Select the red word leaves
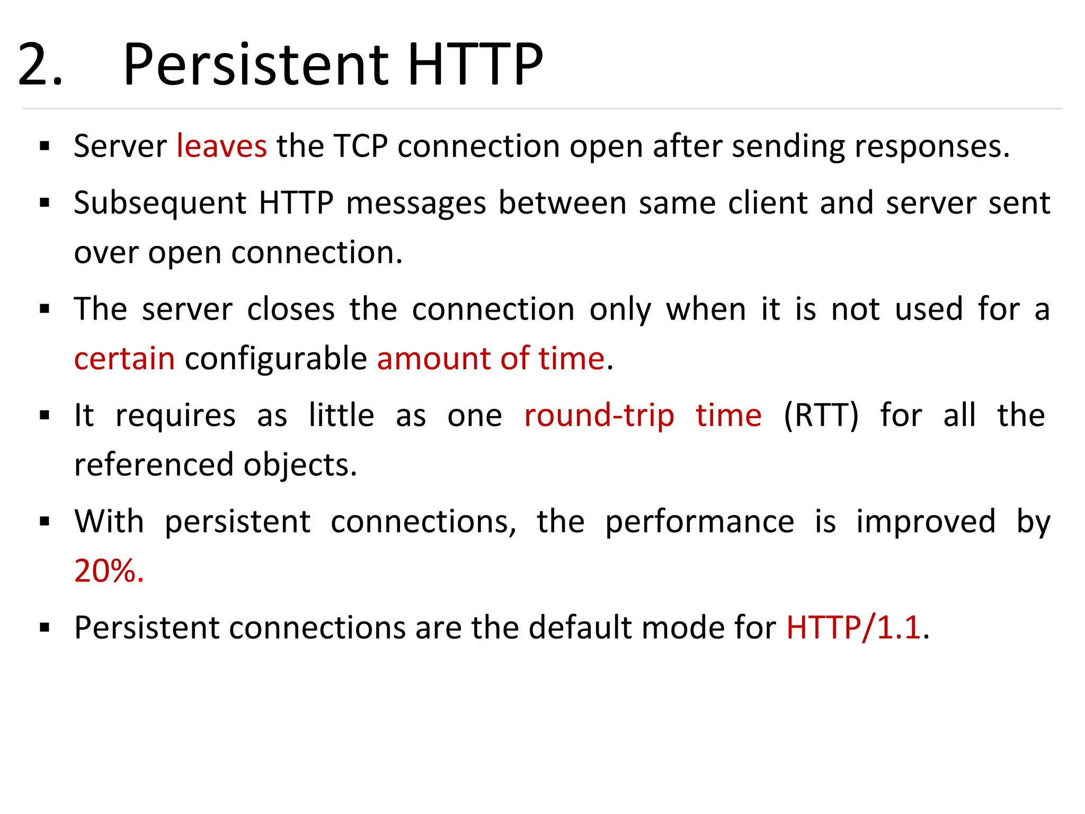click(221, 146)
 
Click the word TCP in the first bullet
click(361, 146)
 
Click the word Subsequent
click(160, 203)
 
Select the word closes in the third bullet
click(291, 309)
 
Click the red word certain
click(124, 359)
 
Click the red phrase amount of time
click(491, 359)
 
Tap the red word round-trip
click(599, 415)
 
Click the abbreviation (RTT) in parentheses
click(821, 415)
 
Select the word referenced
click(154, 465)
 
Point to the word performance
click(699, 522)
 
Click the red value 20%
click(109, 571)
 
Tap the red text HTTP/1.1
click(853, 628)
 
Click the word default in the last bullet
click(580, 628)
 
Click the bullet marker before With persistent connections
click(45, 522)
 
